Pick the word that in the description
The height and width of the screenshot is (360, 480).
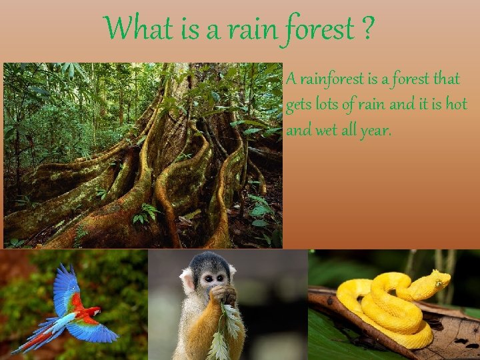click(446, 79)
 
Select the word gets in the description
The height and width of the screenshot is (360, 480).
click(300, 106)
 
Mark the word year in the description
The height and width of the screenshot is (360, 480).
click(378, 131)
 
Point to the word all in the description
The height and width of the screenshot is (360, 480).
click(351, 130)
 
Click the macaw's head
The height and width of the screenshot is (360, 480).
click(95, 311)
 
